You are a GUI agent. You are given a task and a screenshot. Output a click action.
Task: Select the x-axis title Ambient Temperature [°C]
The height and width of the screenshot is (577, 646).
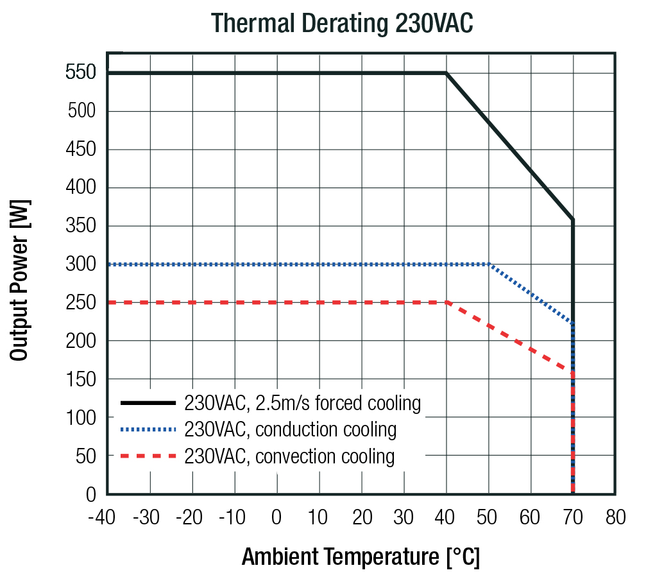361,556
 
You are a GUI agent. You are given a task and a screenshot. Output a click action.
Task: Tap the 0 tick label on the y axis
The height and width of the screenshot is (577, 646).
90,495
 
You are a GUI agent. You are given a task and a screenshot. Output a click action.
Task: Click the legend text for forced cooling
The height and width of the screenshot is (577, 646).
302,403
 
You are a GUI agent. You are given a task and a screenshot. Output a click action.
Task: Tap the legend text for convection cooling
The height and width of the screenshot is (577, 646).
289,456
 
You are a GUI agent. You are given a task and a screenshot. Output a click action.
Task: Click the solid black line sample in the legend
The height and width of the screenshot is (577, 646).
148,403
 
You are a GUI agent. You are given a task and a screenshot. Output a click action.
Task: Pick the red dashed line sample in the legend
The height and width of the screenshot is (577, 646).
148,456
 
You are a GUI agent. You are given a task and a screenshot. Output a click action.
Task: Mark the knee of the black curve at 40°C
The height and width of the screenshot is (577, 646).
446,73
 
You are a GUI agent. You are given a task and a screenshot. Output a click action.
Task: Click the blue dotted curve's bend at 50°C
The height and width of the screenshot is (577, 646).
489,264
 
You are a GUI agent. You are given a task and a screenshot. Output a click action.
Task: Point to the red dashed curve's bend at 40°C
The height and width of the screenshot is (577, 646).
446,302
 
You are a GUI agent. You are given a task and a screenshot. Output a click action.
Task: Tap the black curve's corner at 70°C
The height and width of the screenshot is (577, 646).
572,220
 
